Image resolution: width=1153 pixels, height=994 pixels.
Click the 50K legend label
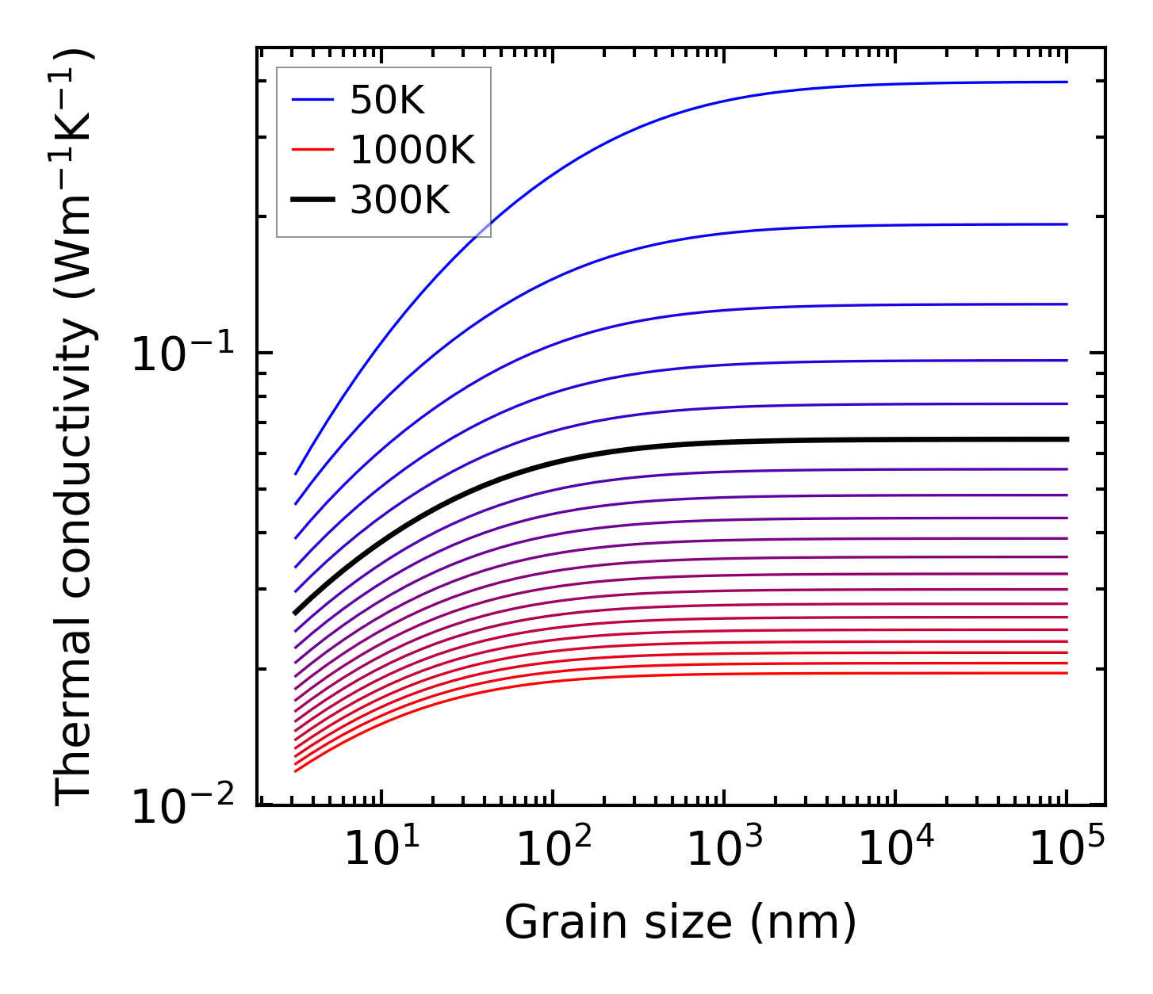point(388,101)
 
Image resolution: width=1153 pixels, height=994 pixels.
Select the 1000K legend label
point(412,151)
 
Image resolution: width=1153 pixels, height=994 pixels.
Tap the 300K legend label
point(400,201)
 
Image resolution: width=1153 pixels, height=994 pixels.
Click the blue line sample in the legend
point(312,101)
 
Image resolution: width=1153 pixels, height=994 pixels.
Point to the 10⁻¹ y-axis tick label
point(182,354)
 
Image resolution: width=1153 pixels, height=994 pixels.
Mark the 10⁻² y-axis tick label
point(182,807)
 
